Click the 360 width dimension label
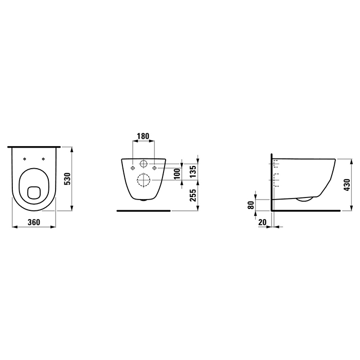coord(34,222)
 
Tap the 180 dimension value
coord(143,137)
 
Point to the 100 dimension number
coord(177,173)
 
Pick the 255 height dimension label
coord(193,196)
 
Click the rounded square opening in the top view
coord(34,192)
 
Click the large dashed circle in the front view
coord(143,181)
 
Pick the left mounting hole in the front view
coord(133,167)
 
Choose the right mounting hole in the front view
coord(154,167)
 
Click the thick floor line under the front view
coord(143,210)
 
